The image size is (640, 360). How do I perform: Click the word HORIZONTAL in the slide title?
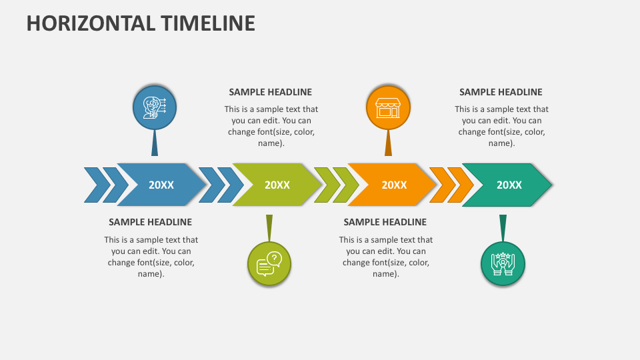91,23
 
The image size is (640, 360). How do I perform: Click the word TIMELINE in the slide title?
207,23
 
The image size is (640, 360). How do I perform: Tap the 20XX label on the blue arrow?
161,185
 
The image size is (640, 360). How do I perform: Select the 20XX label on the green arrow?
277,185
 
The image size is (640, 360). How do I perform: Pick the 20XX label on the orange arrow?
393,185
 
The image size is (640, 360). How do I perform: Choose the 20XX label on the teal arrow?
509,185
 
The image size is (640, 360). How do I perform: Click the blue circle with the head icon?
155,107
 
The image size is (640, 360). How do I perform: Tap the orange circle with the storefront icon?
388,107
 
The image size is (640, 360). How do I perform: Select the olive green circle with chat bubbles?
269,263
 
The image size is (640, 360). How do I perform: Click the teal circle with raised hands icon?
503,263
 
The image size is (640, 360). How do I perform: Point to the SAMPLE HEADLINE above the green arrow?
270,92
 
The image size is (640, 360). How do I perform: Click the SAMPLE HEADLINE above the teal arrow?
501,92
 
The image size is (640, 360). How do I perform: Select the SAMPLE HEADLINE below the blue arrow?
150,222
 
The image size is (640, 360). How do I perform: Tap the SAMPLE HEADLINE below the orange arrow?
385,222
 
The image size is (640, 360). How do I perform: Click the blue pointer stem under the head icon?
155,143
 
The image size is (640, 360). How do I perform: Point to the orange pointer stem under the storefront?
388,143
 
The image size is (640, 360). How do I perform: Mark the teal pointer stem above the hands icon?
503,227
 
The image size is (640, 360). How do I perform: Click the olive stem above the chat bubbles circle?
269,227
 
